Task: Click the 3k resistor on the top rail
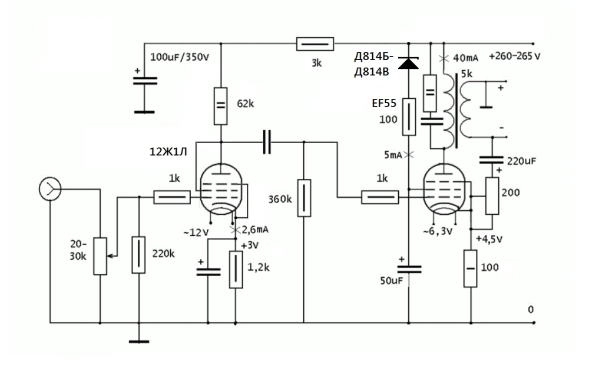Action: (315, 44)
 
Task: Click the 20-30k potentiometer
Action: (100, 256)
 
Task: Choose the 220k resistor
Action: (138, 254)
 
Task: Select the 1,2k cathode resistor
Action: (236, 269)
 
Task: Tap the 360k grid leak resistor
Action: (303, 198)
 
